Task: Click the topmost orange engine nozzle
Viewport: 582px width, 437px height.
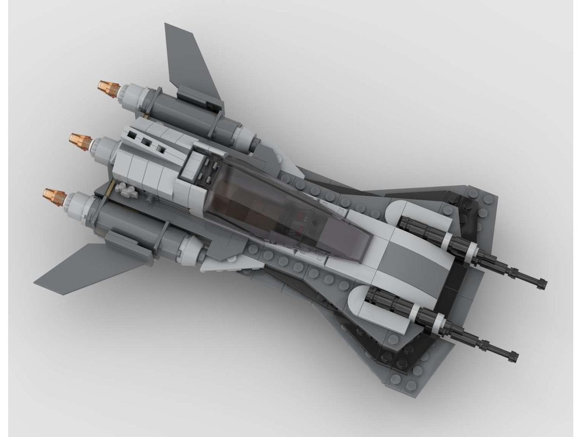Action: pyautogui.click(x=107, y=87)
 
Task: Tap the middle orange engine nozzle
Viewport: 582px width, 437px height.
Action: pyautogui.click(x=80, y=140)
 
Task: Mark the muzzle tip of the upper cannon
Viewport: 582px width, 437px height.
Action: pyautogui.click(x=542, y=284)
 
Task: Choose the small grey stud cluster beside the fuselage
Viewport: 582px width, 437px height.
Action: pyautogui.click(x=127, y=191)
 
